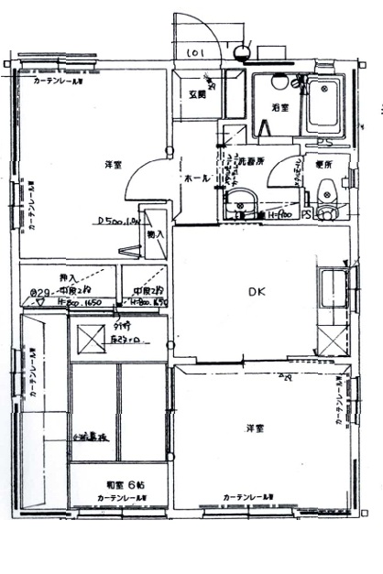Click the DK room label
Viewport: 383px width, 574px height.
[x=257, y=293]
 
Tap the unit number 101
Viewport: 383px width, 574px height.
[x=195, y=54]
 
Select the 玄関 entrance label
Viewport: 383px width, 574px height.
[x=198, y=93]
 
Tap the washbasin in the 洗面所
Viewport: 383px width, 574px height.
[x=243, y=203]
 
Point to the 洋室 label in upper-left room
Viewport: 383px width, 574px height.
[x=114, y=165]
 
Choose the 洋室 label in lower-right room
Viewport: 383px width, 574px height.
[x=256, y=428]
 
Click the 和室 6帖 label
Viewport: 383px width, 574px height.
[x=122, y=483]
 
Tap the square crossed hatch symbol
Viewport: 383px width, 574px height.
[x=93, y=339]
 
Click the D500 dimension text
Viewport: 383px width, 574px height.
[x=116, y=221]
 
